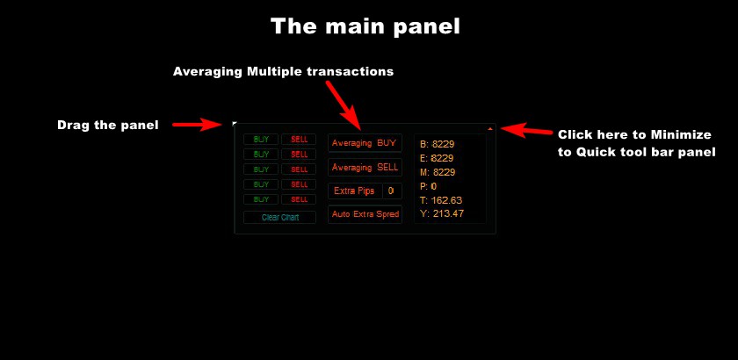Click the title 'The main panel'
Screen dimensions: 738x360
(x=365, y=26)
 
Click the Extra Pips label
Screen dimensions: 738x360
(x=354, y=191)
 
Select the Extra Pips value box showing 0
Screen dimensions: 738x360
(x=392, y=191)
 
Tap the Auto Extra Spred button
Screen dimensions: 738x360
(x=365, y=214)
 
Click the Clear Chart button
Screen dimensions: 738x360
(x=279, y=218)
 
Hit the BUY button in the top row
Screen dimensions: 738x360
(x=261, y=140)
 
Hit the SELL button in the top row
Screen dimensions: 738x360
(x=299, y=140)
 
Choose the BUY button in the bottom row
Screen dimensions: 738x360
(x=261, y=199)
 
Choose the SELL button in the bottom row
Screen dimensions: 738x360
(x=299, y=199)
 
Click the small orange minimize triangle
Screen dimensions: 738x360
(x=490, y=128)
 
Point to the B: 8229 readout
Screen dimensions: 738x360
(x=438, y=144)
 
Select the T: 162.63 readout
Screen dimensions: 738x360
(x=441, y=200)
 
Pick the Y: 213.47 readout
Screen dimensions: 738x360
(x=442, y=213)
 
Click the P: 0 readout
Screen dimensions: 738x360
(x=429, y=186)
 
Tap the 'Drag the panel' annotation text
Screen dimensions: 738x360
(x=108, y=126)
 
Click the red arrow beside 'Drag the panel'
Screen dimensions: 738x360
(x=197, y=125)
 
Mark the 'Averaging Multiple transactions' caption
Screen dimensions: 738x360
(x=283, y=71)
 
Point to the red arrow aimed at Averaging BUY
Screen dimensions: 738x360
(x=344, y=105)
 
